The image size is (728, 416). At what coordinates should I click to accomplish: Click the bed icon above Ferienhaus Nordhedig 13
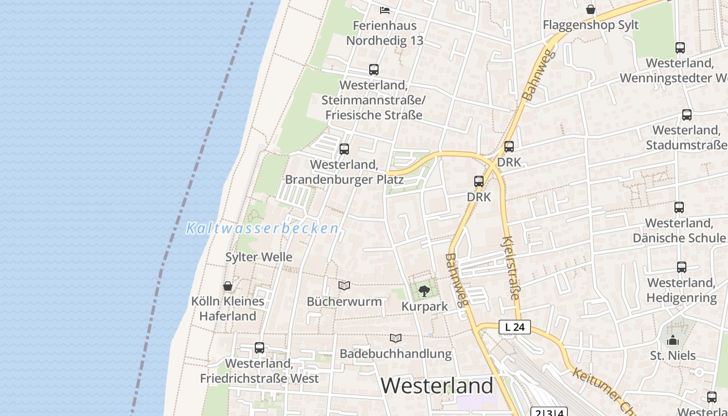(385, 10)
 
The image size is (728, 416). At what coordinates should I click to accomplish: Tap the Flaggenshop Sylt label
(591, 25)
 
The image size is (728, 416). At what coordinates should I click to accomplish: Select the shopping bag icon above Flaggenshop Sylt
(591, 9)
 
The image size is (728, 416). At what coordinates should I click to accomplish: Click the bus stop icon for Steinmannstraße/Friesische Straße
(373, 69)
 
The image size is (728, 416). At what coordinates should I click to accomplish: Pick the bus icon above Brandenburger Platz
(344, 149)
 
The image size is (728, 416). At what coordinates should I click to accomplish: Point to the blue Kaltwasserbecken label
(263, 228)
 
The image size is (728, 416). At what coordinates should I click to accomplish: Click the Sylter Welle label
(258, 257)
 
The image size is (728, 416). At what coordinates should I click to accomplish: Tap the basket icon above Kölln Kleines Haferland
(227, 285)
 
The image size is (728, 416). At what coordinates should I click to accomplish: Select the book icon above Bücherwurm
(344, 285)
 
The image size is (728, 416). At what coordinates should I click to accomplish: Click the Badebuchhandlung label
(396, 354)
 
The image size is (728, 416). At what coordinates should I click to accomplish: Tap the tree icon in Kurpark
(424, 291)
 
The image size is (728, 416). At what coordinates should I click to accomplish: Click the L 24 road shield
(515, 327)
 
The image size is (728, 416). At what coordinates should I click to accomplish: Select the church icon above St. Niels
(673, 340)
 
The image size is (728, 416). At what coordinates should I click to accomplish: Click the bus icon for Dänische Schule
(679, 207)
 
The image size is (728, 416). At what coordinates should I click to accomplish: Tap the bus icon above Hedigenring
(682, 267)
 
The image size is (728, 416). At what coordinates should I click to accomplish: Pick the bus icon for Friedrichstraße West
(259, 348)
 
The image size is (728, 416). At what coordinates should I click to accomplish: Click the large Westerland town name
(437, 385)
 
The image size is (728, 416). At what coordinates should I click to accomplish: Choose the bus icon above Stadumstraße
(686, 115)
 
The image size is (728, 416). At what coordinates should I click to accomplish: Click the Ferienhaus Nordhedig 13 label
(385, 33)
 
